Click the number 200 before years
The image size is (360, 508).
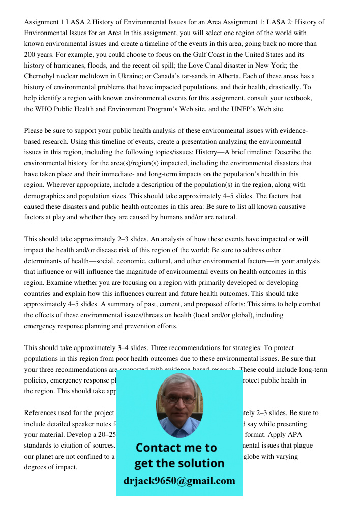(31, 54)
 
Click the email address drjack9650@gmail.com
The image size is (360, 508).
(179, 481)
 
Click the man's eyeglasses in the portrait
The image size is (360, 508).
(179, 399)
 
